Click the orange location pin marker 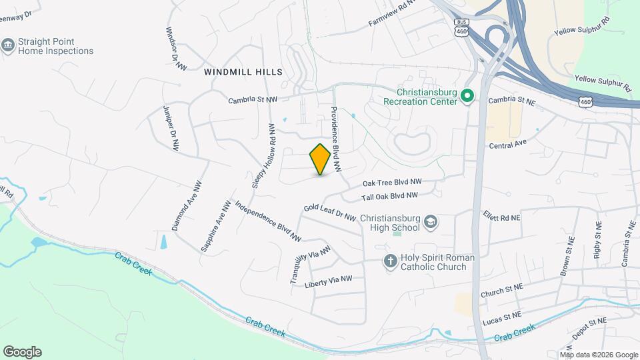320,159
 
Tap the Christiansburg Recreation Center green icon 468,97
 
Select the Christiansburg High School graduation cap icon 431,222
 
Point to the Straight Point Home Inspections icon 8,45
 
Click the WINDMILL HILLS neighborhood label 243,71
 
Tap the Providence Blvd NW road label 335,137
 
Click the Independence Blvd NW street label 269,221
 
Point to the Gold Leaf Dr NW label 329,212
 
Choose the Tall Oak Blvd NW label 389,197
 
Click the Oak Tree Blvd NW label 392,182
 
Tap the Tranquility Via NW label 310,266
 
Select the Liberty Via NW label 327,282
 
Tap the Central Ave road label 508,144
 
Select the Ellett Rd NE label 500,217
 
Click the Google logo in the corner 22,351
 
